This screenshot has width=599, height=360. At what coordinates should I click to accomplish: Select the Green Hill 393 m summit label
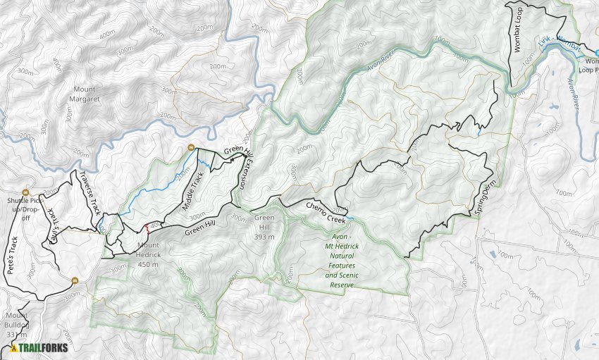(264, 228)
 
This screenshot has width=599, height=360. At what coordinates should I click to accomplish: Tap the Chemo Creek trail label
(326, 210)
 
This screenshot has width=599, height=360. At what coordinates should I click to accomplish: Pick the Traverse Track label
(90, 192)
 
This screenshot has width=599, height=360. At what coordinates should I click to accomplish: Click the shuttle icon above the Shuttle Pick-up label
(26, 192)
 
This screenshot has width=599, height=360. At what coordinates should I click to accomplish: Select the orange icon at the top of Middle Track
(191, 147)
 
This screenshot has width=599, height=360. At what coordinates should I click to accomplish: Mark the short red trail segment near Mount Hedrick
(147, 228)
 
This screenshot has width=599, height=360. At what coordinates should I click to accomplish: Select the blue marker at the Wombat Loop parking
(596, 53)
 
